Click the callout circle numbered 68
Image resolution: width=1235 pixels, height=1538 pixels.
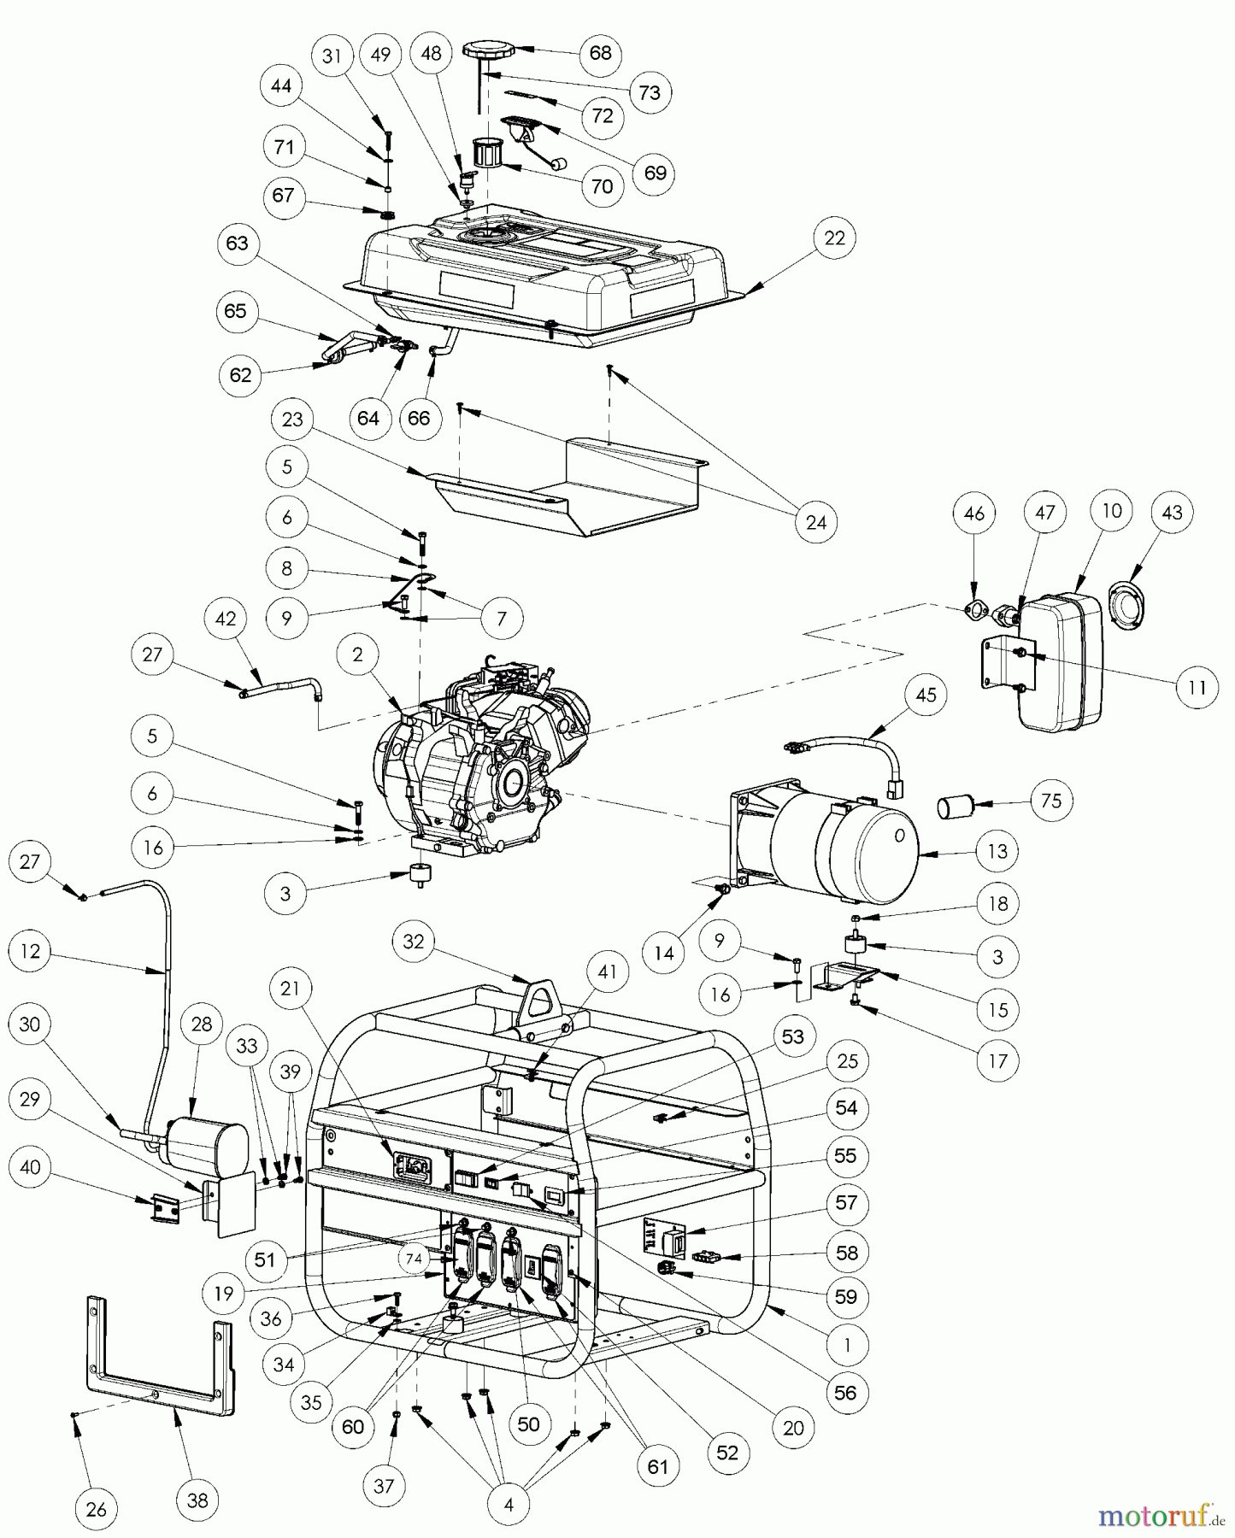[601, 53]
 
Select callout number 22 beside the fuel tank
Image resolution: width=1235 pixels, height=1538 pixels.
[834, 238]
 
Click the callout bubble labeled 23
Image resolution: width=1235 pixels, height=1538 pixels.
[292, 420]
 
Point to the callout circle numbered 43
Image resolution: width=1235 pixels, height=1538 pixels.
[1172, 513]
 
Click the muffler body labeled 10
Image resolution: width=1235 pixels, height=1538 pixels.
[1060, 662]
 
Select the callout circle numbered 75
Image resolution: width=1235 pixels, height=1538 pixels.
[1051, 801]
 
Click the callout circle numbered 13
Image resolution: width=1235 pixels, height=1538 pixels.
[997, 851]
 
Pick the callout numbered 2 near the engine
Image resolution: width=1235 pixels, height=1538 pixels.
[357, 655]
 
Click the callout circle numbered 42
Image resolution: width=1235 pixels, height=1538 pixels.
[226, 619]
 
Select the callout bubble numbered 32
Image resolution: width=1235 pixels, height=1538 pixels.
[414, 942]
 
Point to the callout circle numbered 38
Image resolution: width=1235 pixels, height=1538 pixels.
[197, 1500]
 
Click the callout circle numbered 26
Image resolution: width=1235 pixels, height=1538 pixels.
[97, 1510]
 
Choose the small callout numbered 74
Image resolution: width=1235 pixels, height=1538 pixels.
[414, 1259]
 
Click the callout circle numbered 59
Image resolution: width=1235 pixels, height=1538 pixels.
[845, 1297]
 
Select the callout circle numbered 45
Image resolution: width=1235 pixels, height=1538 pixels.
[926, 695]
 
